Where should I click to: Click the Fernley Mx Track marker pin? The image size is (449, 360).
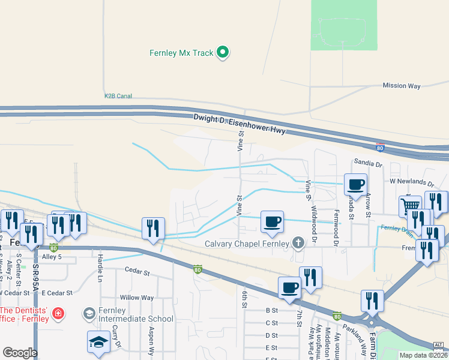(x=223, y=53)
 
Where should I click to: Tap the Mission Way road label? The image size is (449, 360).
(x=402, y=86)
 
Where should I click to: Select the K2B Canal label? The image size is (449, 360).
(x=118, y=95)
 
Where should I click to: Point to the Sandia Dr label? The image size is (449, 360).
(x=368, y=163)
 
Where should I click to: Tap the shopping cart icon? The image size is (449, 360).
(x=410, y=205)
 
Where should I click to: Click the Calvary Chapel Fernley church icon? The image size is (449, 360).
(x=297, y=243)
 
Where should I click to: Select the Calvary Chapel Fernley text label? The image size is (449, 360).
(x=247, y=244)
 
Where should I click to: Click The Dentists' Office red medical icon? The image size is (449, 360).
(x=58, y=313)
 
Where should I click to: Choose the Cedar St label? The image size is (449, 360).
(x=137, y=272)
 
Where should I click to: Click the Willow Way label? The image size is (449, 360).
(x=137, y=298)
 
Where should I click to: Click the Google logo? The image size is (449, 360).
(x=20, y=353)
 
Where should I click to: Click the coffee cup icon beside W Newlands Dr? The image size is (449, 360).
(x=355, y=184)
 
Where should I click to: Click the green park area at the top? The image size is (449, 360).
(x=344, y=24)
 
